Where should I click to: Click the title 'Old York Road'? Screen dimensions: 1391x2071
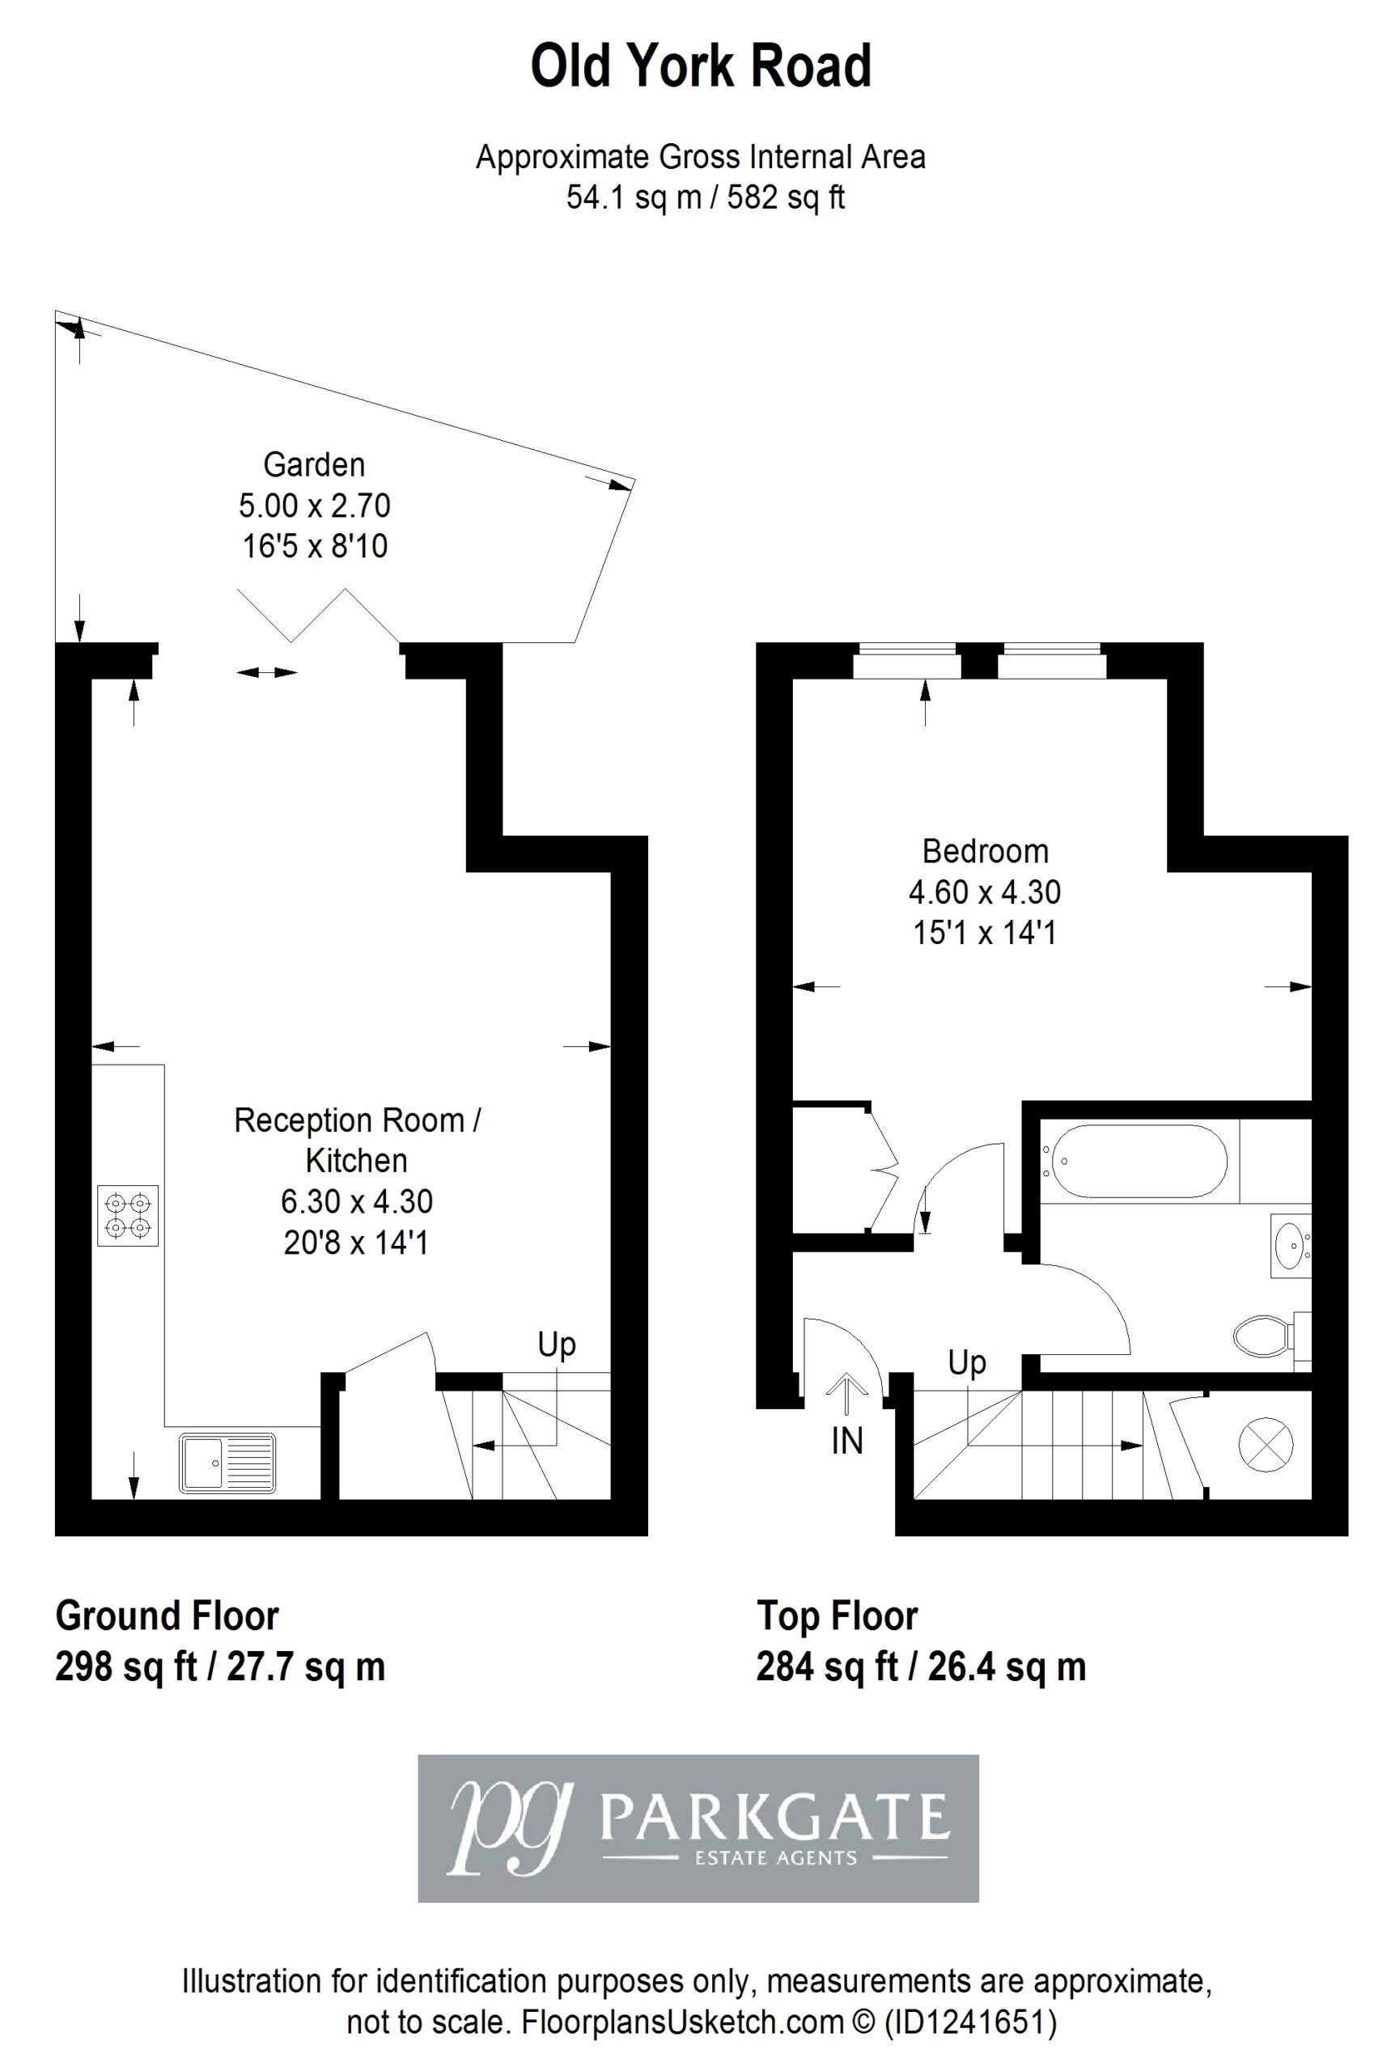(701, 66)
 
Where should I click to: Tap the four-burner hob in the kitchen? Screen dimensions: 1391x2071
(128, 1215)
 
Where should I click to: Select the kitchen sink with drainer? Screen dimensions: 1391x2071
(228, 1462)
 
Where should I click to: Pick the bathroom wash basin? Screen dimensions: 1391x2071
(1290, 1244)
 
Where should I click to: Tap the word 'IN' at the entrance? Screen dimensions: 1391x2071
(846, 1442)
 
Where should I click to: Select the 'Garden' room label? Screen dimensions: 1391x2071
(314, 464)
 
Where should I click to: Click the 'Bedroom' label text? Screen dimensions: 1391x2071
(985, 852)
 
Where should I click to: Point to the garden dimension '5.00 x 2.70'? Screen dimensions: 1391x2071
(314, 506)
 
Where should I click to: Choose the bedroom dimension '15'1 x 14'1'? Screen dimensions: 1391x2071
(985, 933)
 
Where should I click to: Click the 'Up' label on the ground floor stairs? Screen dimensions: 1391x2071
(556, 1345)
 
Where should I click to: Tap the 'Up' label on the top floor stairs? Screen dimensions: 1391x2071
(966, 1363)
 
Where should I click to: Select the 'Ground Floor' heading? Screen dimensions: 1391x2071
(167, 1616)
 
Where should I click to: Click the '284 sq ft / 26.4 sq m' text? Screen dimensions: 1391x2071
(921, 1667)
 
